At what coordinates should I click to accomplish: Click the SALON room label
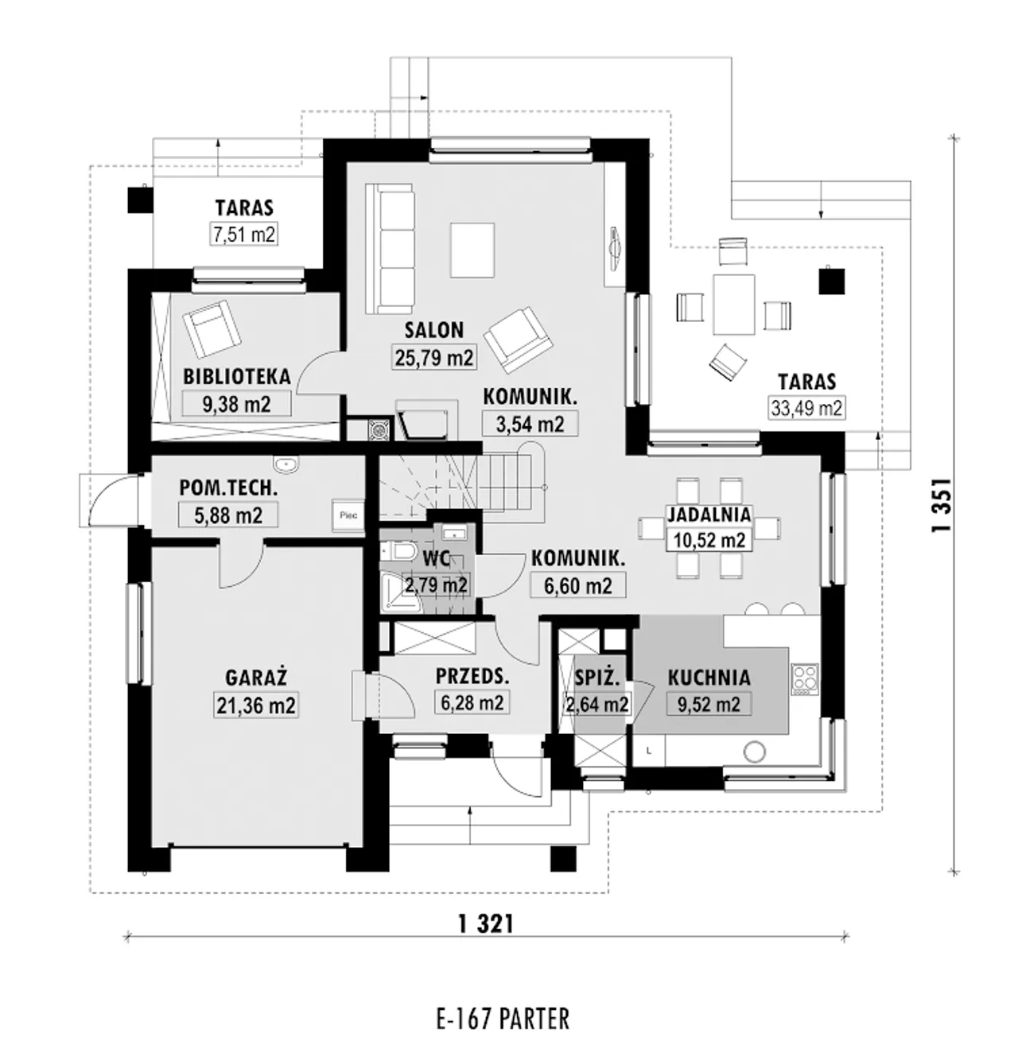coord(433,330)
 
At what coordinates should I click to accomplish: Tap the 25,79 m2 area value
coord(433,357)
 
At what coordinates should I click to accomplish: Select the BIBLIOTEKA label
coord(237,377)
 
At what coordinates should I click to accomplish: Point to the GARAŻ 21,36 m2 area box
coord(256,705)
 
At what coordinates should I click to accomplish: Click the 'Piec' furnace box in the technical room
coord(348,515)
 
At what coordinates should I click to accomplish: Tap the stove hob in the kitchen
coord(805,679)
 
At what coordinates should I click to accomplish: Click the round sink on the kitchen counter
coord(754,752)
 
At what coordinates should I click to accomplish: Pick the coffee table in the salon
coord(472,250)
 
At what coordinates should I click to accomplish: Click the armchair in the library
coord(212,328)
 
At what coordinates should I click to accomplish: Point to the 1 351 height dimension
coord(942,504)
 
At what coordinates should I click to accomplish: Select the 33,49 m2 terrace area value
coord(806,408)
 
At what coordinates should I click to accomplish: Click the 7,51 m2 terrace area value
coord(244,235)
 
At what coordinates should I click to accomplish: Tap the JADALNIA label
coord(709,514)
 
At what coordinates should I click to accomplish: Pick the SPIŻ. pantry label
coord(597,678)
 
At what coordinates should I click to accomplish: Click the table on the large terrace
coord(734,305)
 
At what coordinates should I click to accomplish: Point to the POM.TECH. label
coord(228,487)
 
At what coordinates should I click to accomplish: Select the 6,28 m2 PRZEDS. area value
coord(472,702)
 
